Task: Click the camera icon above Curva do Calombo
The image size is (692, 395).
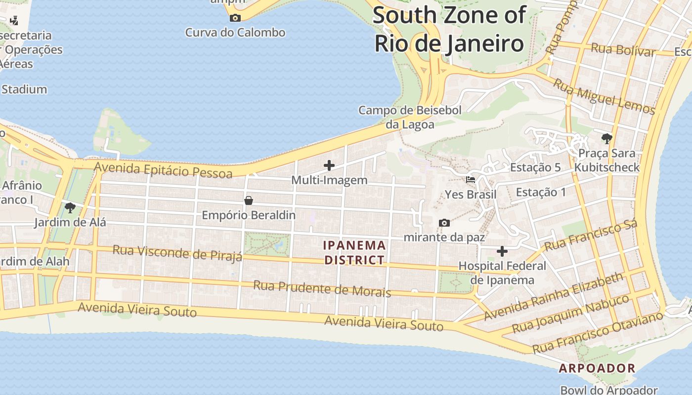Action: pyautogui.click(x=235, y=18)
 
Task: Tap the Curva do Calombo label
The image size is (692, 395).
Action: pyautogui.click(x=235, y=33)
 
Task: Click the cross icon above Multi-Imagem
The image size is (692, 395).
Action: pyautogui.click(x=329, y=166)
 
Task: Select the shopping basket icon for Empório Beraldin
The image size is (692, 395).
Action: pyautogui.click(x=249, y=200)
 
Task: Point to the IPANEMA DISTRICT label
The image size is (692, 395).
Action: pyautogui.click(x=354, y=252)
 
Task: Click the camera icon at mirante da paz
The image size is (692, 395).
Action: pyautogui.click(x=444, y=223)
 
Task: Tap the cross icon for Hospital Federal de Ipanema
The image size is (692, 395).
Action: pyautogui.click(x=502, y=252)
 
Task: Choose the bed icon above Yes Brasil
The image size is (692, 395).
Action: pyautogui.click(x=471, y=180)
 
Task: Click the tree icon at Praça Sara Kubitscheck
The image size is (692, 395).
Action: pyautogui.click(x=607, y=138)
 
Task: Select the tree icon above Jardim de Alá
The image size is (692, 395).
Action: pyautogui.click(x=70, y=207)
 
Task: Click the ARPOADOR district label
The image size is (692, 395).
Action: pyautogui.click(x=597, y=368)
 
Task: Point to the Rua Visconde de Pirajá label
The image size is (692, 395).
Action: pyautogui.click(x=177, y=252)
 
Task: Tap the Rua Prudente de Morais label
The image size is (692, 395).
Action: pyautogui.click(x=322, y=289)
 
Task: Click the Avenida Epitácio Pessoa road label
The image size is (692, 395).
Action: pyautogui.click(x=163, y=170)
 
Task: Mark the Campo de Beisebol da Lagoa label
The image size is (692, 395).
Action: pyautogui.click(x=410, y=117)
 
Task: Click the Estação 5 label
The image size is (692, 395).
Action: pyautogui.click(x=535, y=167)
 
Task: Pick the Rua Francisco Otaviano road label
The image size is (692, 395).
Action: pyautogui.click(x=598, y=332)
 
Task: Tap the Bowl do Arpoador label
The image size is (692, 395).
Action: pyautogui.click(x=608, y=390)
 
